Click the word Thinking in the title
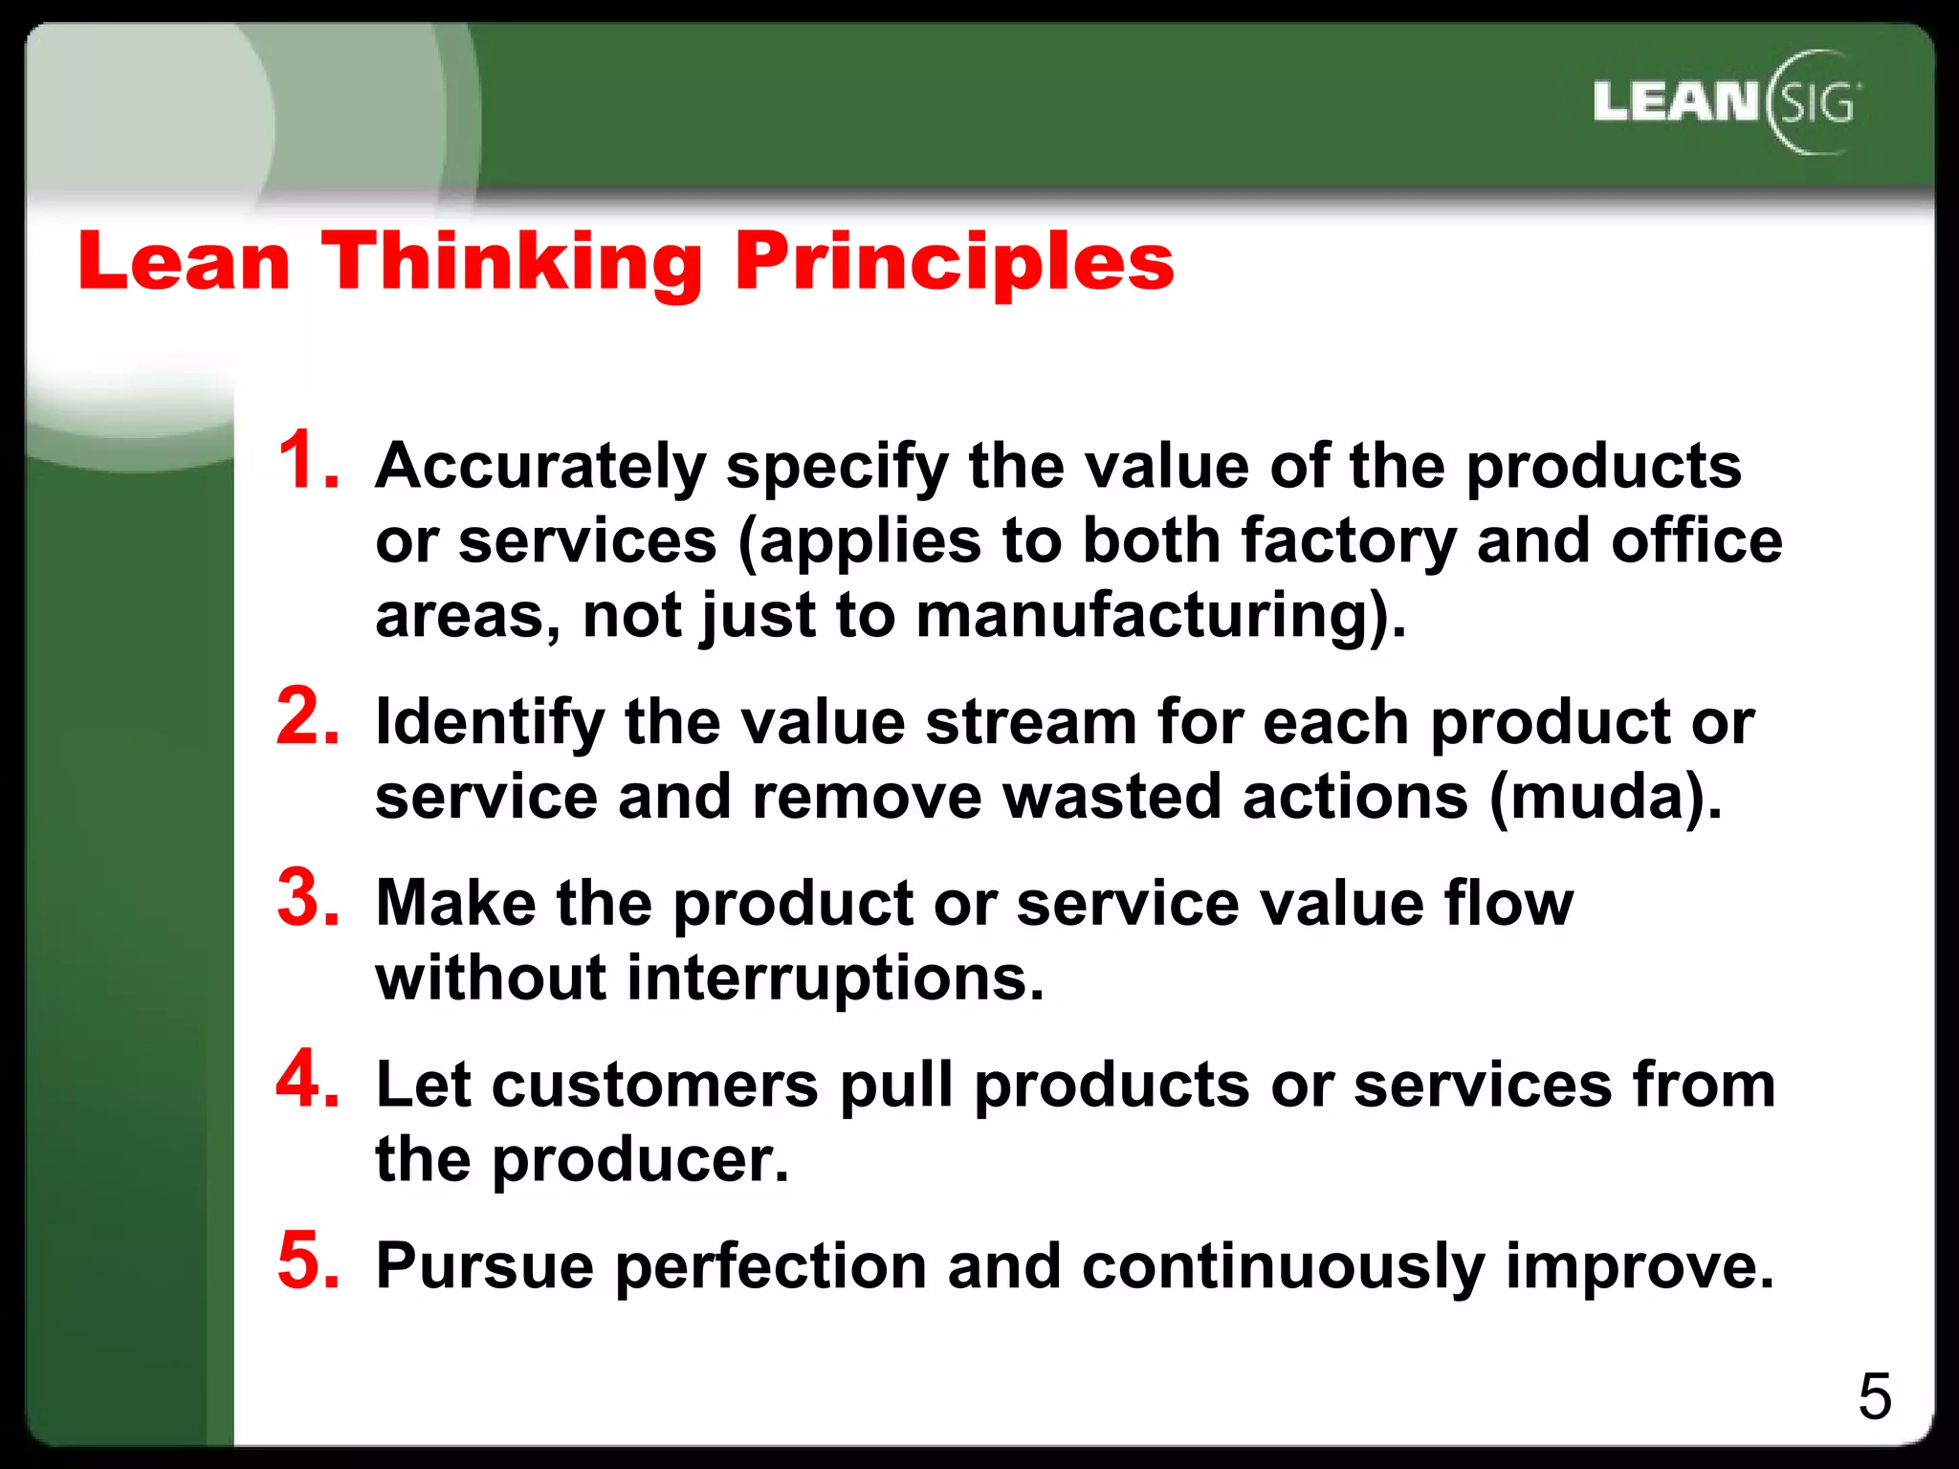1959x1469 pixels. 512,262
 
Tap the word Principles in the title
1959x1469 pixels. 954,262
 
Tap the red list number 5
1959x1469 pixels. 308,1261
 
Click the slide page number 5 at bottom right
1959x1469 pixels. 1874,1397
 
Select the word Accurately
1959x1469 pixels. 540,469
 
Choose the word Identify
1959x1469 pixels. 489,723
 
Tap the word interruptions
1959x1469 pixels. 834,978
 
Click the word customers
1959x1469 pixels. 655,1085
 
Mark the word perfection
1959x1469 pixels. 770,1267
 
